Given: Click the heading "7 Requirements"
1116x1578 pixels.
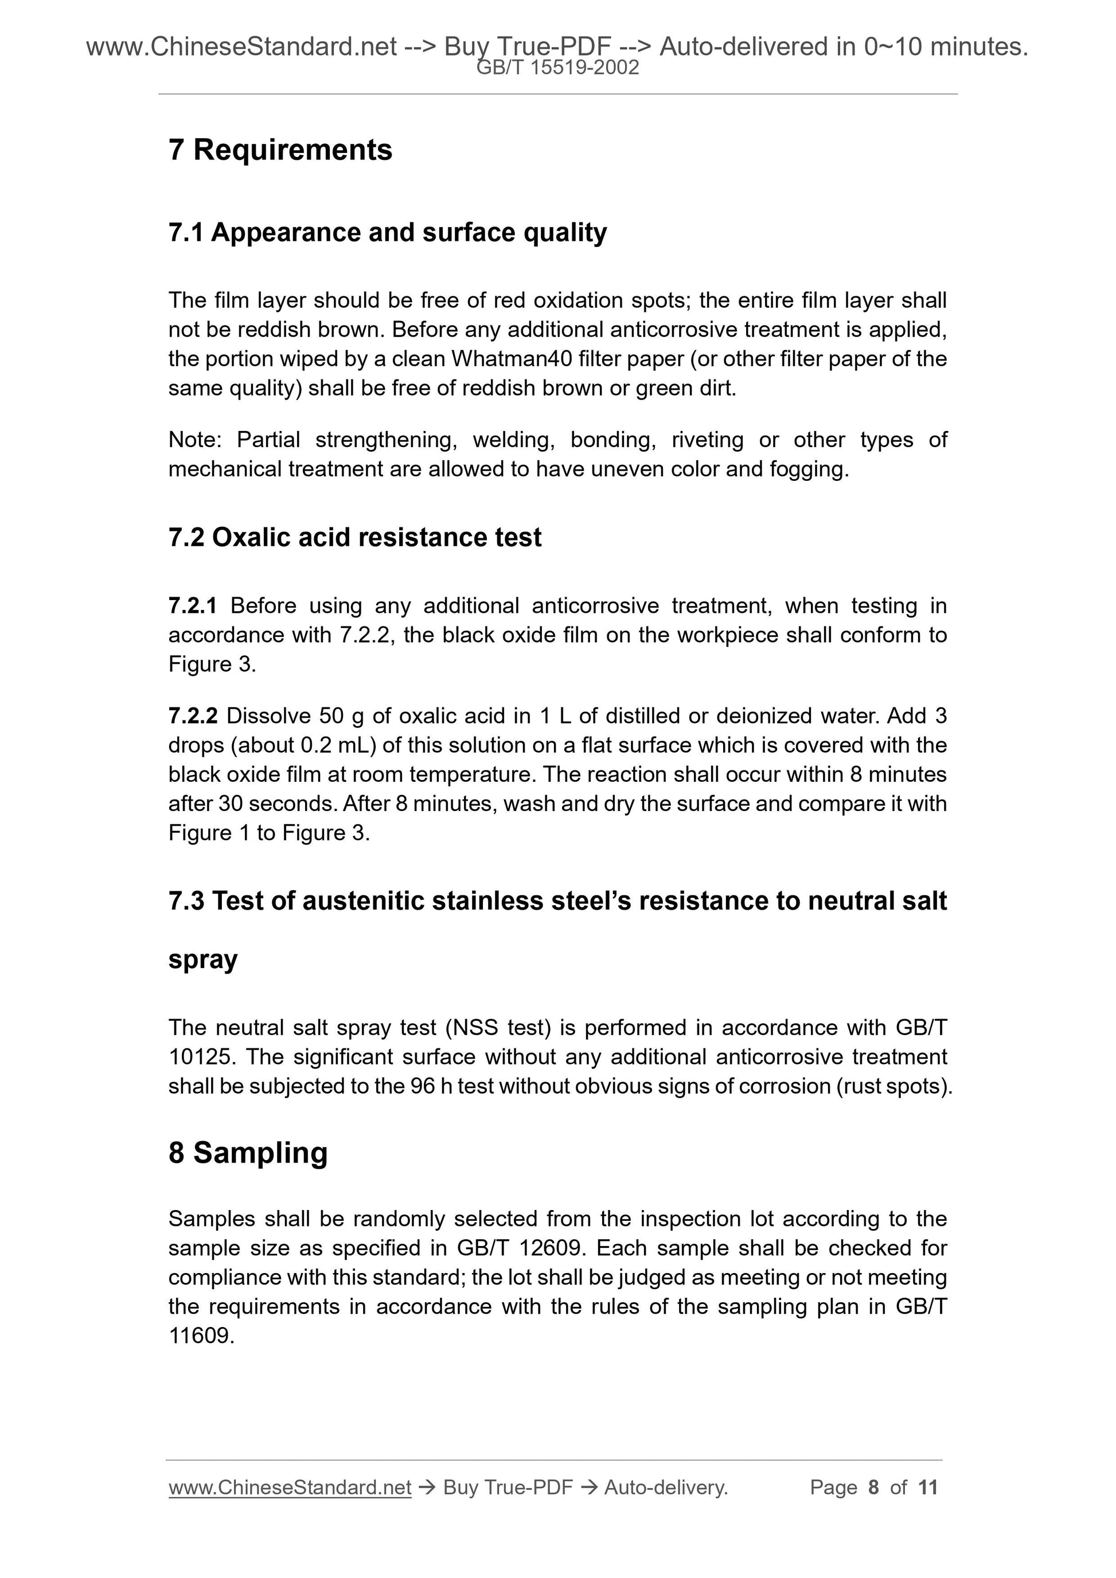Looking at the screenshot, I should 280,150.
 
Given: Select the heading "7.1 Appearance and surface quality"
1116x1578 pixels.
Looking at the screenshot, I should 387,232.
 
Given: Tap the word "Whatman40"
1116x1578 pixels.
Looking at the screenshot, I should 512,359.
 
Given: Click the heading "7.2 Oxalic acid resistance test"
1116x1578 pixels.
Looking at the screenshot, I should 355,538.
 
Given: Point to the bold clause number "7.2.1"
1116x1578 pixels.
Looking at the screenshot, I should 193,605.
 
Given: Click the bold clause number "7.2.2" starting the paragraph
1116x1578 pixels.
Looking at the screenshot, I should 193,716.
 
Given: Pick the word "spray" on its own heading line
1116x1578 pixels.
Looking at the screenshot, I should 203,960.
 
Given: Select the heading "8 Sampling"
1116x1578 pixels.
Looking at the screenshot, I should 248,1153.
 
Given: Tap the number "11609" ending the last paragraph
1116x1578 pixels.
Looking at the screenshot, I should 200,1336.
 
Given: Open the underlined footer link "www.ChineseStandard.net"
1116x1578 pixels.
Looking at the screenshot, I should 290,1487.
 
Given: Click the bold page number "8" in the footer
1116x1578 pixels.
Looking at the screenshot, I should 873,1487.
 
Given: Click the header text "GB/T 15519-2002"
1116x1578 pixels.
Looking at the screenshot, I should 557,68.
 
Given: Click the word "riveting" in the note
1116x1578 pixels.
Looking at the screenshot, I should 707,440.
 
